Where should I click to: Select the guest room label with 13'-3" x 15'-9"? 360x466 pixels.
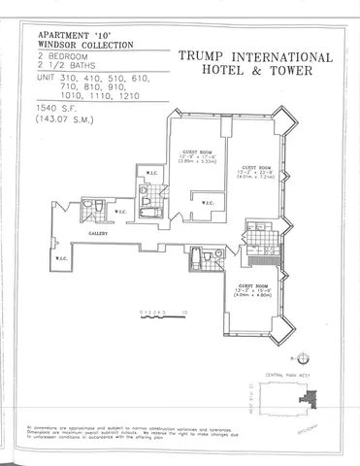pos(259,283)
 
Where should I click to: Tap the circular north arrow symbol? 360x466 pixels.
pos(304,356)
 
